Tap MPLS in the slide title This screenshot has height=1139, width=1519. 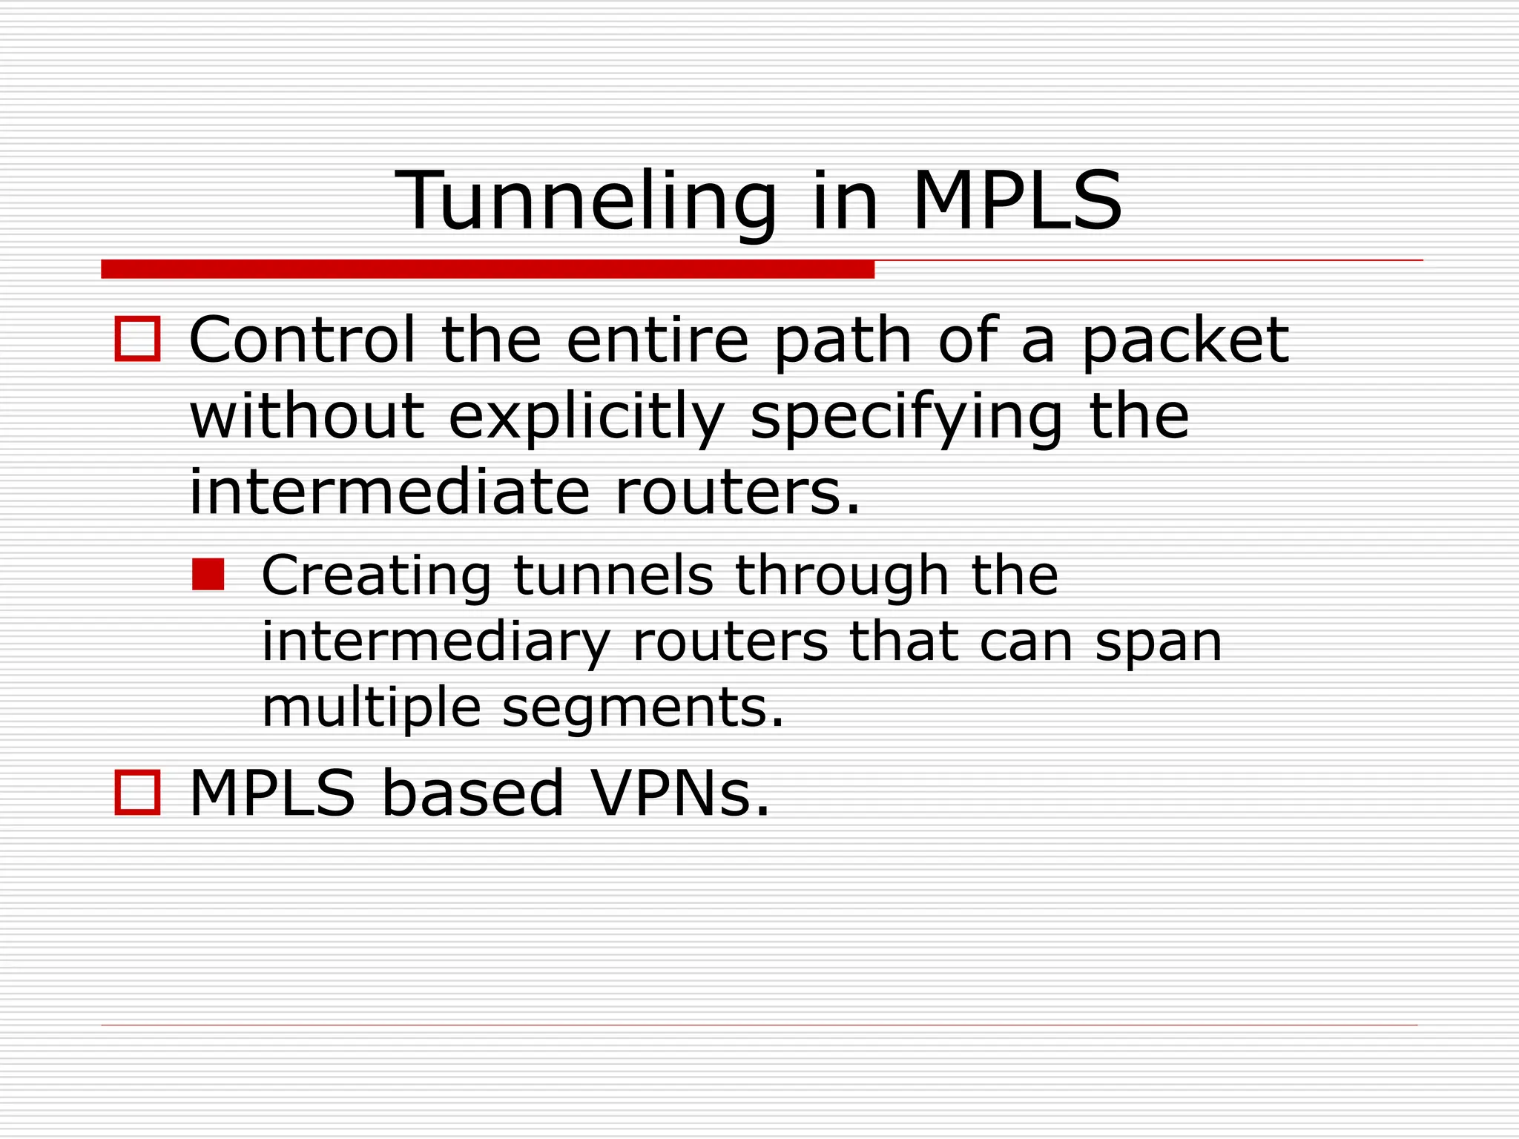(1018, 200)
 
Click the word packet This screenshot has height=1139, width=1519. (1185, 341)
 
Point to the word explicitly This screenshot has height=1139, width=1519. (586, 417)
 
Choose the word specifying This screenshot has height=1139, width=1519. (906, 417)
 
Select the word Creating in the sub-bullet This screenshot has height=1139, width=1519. (376, 576)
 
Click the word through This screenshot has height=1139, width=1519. (842, 576)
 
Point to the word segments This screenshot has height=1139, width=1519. (642, 707)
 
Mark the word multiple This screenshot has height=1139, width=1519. (372, 707)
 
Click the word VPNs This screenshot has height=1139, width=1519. (680, 793)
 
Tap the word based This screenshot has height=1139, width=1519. (472, 793)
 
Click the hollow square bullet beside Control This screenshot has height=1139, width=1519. (137, 339)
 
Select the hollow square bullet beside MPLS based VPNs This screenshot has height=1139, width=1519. (137, 793)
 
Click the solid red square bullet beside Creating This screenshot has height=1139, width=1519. (208, 575)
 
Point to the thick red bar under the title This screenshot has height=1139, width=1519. (487, 269)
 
